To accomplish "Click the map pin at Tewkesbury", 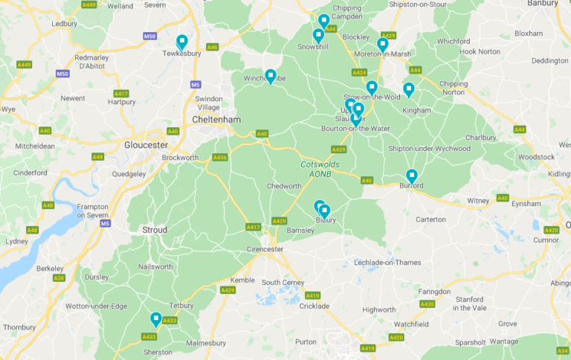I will (181, 42).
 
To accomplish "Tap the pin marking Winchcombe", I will (271, 76).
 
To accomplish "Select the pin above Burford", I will (411, 176).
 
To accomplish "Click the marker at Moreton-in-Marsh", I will (382, 45).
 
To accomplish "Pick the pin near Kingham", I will (408, 89).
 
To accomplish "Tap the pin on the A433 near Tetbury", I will (155, 319).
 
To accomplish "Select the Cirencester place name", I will (264, 249).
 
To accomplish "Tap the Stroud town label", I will (155, 230).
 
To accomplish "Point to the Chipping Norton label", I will (454, 89).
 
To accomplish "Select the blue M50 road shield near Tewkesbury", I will (149, 36).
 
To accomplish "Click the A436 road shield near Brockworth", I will (219, 158).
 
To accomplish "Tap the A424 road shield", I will (360, 73).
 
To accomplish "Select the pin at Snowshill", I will (318, 36).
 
